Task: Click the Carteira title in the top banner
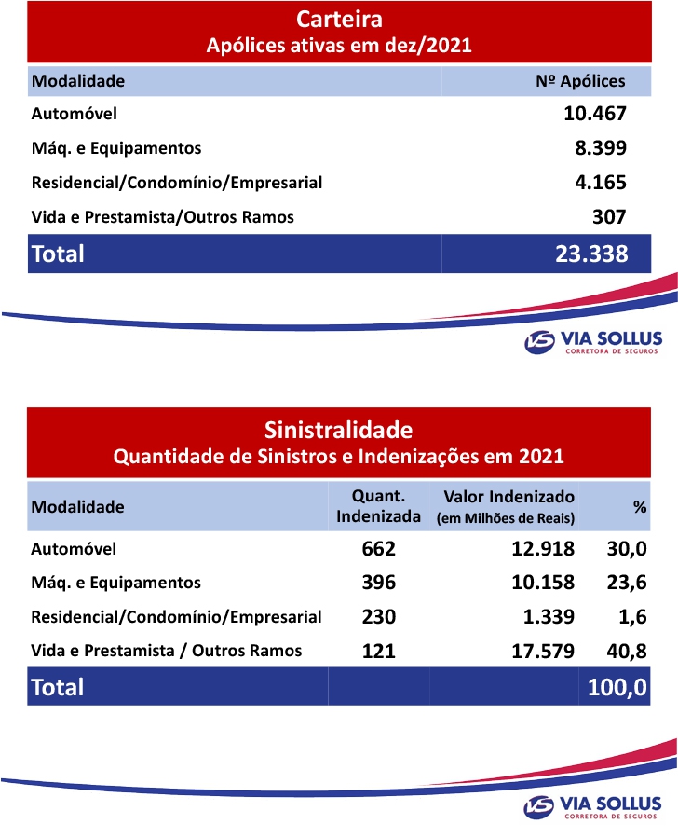click(x=339, y=20)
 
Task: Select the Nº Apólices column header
click(x=580, y=81)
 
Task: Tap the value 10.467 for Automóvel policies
click(x=595, y=114)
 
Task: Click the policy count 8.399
click(x=601, y=147)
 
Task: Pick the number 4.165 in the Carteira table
click(x=601, y=182)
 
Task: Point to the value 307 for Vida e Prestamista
click(x=609, y=216)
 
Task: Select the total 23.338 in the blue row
click(x=590, y=254)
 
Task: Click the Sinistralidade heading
click(x=338, y=431)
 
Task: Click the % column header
click(x=640, y=507)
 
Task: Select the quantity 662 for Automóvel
click(x=378, y=549)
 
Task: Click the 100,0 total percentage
click(x=617, y=687)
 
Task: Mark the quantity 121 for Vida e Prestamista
click(x=378, y=650)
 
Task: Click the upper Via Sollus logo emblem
click(x=539, y=343)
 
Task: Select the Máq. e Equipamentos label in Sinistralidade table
click(x=115, y=583)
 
